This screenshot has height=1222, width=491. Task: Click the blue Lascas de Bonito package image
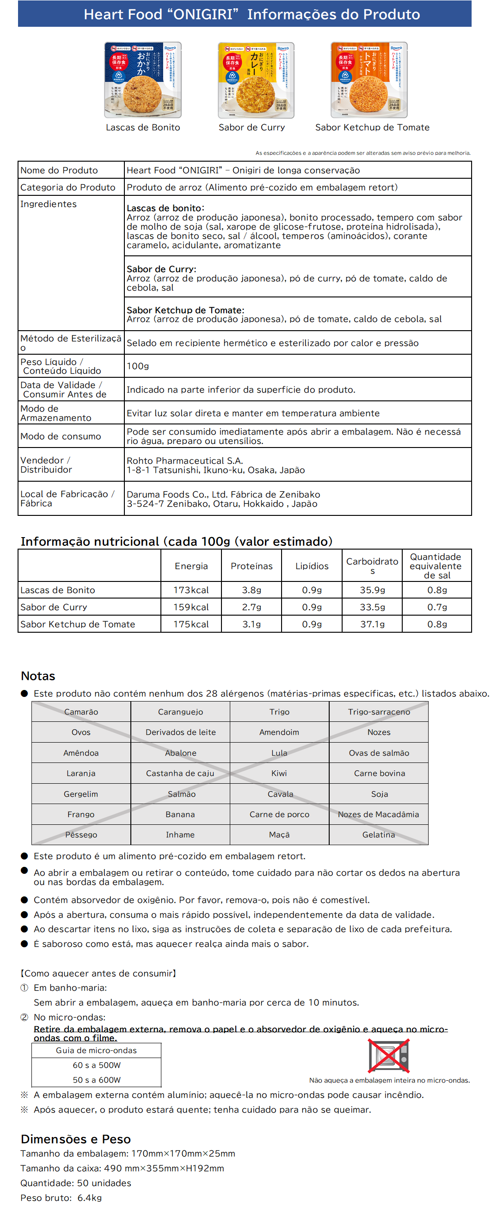pyautogui.click(x=142, y=80)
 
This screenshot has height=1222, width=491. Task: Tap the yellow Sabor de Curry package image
pyautogui.click(x=256, y=80)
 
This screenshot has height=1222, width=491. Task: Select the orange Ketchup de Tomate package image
pyautogui.click(x=369, y=80)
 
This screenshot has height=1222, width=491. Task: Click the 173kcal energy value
pyautogui.click(x=191, y=590)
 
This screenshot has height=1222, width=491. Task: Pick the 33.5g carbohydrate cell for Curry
pyautogui.click(x=372, y=607)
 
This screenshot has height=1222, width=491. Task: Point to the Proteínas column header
pyautogui.click(x=252, y=566)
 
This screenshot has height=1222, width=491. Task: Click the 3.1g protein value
pyautogui.click(x=252, y=624)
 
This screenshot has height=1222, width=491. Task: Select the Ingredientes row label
pyautogui.click(x=49, y=204)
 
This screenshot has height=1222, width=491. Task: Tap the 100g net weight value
pyautogui.click(x=138, y=366)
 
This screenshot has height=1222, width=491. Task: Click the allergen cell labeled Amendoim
pyautogui.click(x=279, y=732)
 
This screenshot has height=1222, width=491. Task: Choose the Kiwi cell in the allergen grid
pyautogui.click(x=279, y=773)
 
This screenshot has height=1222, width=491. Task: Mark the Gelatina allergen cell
pyautogui.click(x=379, y=835)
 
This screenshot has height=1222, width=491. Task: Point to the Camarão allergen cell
pyautogui.click(x=81, y=712)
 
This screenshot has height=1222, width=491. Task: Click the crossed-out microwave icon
pyautogui.click(x=388, y=1056)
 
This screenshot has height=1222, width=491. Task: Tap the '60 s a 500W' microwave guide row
pyautogui.click(x=96, y=1065)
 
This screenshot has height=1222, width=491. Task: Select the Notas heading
pyautogui.click(x=38, y=676)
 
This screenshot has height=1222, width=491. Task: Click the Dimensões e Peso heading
pyautogui.click(x=75, y=1139)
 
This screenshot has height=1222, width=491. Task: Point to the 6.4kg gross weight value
pyautogui.click(x=90, y=1198)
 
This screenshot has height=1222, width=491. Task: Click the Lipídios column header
pyautogui.click(x=312, y=566)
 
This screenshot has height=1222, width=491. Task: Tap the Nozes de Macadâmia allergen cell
pyautogui.click(x=379, y=815)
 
